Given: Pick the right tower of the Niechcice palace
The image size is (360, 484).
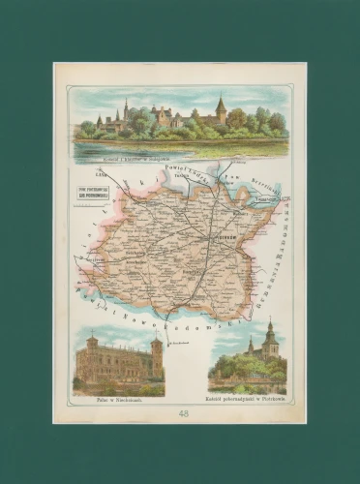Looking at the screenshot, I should tap(156, 354).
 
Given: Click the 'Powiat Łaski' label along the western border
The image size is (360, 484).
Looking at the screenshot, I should tap(92, 232).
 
